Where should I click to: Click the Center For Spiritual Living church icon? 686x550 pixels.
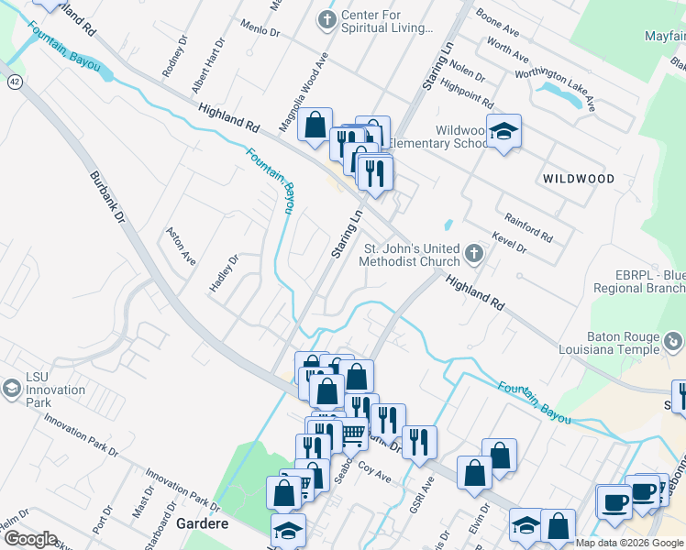pyautogui.click(x=326, y=19)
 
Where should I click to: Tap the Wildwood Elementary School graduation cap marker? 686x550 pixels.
pyautogui.click(x=503, y=133)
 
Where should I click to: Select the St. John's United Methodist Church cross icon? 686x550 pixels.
pyautogui.click(x=473, y=252)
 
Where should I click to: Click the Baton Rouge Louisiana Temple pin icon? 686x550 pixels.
pyautogui.click(x=673, y=342)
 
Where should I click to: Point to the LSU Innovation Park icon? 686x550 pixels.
pyautogui.click(x=12, y=390)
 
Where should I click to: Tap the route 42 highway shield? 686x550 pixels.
pyautogui.click(x=14, y=82)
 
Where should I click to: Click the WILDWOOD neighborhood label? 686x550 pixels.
pyautogui.click(x=577, y=178)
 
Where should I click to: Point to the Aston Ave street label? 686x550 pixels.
pyautogui.click(x=180, y=246)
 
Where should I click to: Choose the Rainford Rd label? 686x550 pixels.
pyautogui.click(x=529, y=227)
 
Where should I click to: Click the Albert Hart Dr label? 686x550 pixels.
pyautogui.click(x=207, y=65)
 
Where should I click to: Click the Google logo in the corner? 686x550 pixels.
pyautogui.click(x=30, y=539)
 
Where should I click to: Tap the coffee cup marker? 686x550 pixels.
pyautogui.click(x=613, y=502)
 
